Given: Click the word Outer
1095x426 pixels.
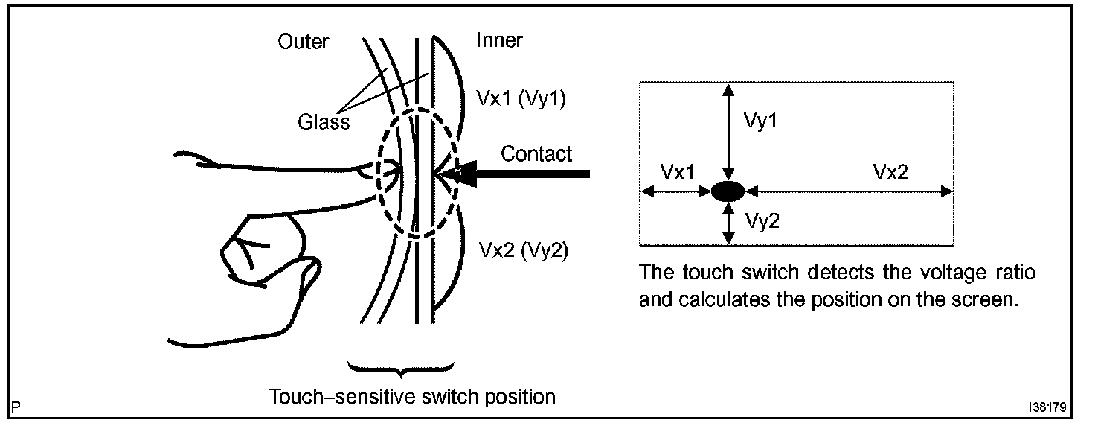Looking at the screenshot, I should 303,42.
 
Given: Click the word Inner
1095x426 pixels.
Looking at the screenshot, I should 499,40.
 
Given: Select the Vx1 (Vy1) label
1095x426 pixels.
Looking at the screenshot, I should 521,99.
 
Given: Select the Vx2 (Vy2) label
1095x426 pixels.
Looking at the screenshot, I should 521,251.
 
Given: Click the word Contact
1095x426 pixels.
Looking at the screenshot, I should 536,154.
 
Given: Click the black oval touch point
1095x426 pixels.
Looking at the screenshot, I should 728,191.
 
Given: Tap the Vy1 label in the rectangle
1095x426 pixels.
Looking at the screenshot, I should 760,121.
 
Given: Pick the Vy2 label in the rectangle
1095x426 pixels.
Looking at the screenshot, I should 761,220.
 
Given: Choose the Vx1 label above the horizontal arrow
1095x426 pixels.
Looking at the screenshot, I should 677,172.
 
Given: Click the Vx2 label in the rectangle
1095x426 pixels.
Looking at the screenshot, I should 890,172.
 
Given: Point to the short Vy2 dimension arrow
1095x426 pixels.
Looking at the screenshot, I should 728,223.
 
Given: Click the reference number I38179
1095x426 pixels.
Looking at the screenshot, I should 1048,409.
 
